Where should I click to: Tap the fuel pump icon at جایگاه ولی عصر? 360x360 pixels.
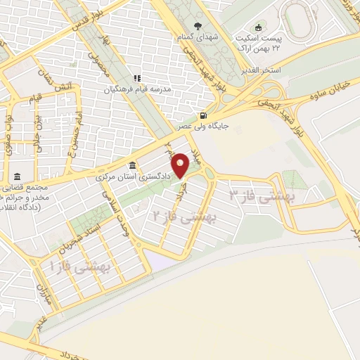tap(203, 117)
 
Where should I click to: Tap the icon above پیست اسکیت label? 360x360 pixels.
tap(257, 27)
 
